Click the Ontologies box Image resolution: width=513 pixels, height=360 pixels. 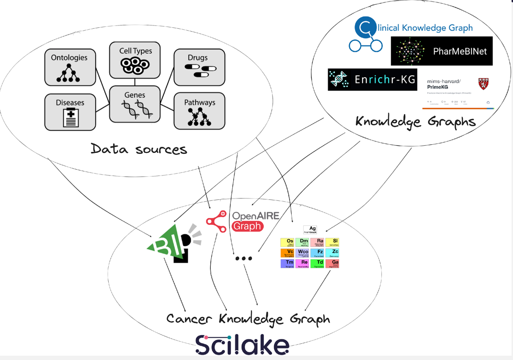coord(70,67)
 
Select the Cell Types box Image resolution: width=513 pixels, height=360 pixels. coord(135,60)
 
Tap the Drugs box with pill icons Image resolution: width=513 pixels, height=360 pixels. coord(199,67)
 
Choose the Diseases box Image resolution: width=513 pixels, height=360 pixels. coord(70,112)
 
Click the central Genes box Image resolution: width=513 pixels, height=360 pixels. coord(135,104)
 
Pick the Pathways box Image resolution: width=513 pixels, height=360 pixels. coord(199,111)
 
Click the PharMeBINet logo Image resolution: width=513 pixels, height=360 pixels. coord(441,51)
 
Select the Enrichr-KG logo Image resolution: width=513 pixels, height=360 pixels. coord(372,80)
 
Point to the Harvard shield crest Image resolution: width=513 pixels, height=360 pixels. coord(484,84)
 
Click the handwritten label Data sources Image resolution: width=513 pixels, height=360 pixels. coord(139,149)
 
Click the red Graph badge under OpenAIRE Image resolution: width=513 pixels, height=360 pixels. coord(247,226)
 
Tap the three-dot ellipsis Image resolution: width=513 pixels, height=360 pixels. coord(243,258)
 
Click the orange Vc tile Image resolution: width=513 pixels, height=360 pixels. coord(287,253)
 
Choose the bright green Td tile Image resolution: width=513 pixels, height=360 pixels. coord(318,263)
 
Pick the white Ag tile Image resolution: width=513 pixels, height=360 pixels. coord(310,230)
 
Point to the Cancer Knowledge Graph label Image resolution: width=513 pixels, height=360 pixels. coord(248,319)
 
